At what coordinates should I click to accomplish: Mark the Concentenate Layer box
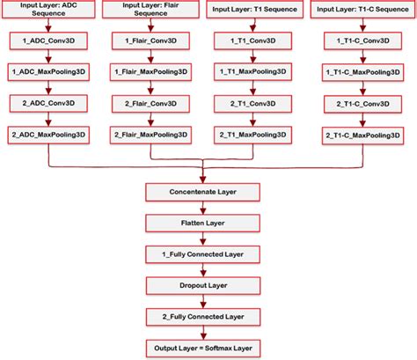[x=203, y=191]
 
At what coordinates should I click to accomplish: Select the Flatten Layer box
[x=203, y=223]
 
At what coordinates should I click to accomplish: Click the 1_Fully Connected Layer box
[x=203, y=254]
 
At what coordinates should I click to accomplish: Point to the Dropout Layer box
[x=203, y=286]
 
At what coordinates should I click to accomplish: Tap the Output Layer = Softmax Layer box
[x=203, y=349]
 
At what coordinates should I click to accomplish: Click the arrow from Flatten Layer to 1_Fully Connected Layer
[x=203, y=239]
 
